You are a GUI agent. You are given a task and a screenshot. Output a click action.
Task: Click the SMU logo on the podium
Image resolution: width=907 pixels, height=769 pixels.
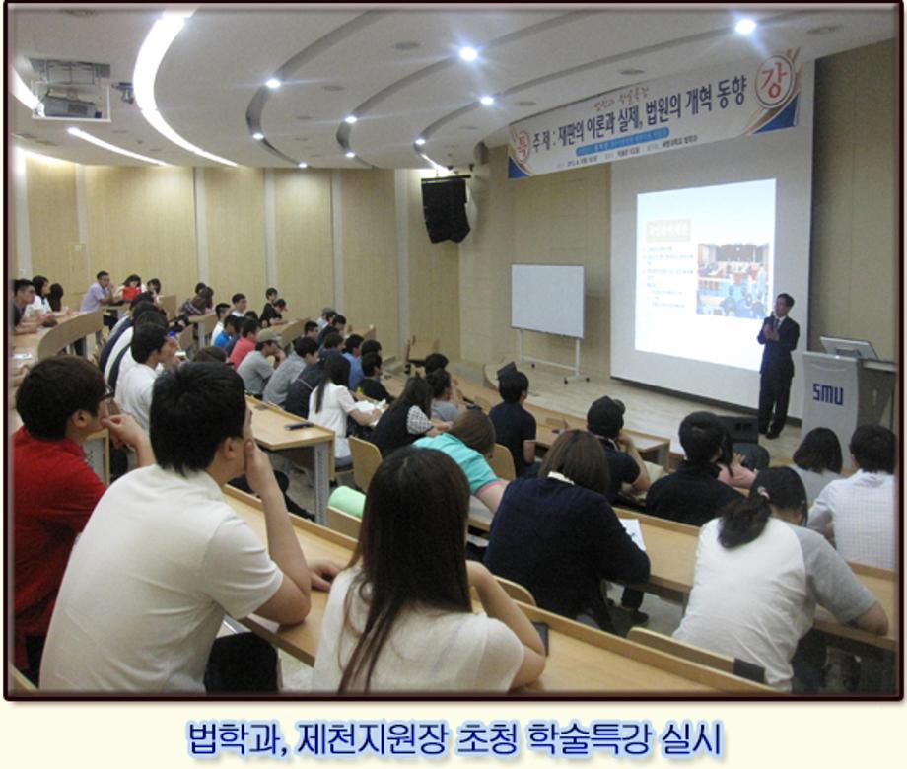coord(827,393)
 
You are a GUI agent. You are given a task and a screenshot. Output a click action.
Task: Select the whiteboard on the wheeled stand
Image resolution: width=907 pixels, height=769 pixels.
coord(547,301)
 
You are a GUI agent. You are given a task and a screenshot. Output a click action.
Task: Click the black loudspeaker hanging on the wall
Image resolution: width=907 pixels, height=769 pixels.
coord(446,208)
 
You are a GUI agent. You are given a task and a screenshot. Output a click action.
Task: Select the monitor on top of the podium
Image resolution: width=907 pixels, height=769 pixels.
coord(848,348)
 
